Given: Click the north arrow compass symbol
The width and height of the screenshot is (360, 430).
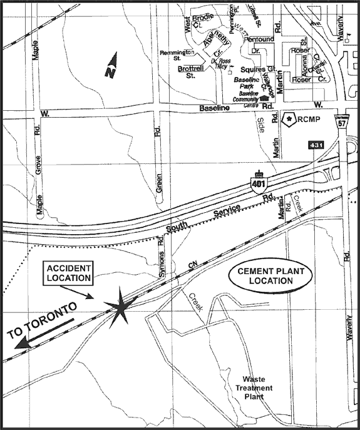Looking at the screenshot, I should tap(111, 66).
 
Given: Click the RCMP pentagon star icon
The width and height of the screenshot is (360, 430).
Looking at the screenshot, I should tap(290, 119).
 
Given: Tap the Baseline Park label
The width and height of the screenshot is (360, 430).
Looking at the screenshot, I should tap(246, 82).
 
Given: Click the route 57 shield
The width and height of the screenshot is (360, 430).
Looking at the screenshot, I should tap(342, 122).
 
